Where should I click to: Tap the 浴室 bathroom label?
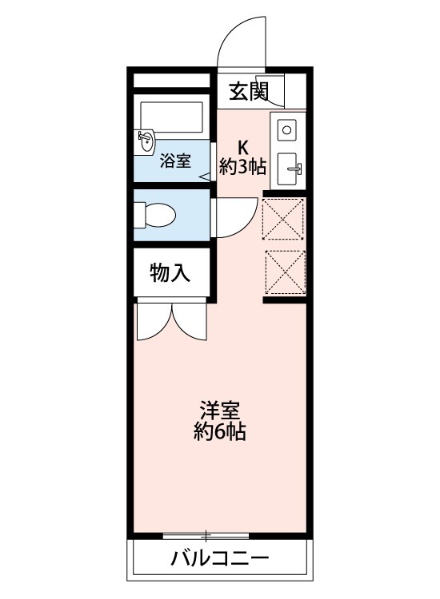tap(175, 160)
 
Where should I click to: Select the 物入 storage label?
tap(170, 273)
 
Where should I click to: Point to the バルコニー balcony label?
tap(218, 558)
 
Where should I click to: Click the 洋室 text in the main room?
tap(219, 412)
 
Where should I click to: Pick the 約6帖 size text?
tap(219, 433)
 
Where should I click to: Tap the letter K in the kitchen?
tap(243, 147)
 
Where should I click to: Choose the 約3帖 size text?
tap(243, 168)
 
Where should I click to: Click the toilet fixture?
tap(155, 214)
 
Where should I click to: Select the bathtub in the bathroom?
tap(170, 117)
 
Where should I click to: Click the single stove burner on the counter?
tap(287, 127)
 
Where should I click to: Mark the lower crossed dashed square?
tap(284, 272)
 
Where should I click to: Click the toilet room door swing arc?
tap(228, 216)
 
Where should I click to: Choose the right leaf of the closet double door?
tap(190, 322)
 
